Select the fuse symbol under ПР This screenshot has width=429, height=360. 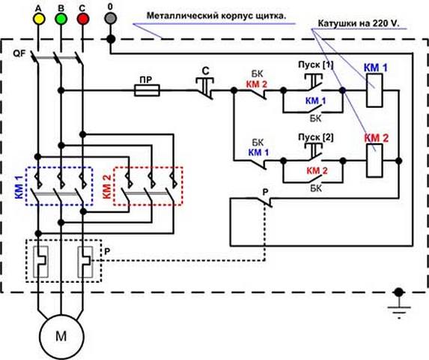point(147,90)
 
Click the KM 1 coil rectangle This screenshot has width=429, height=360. point(374,91)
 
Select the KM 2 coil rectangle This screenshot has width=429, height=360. point(374,161)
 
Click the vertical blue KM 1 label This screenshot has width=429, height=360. point(18,184)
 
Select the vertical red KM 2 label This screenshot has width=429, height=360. point(105,184)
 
